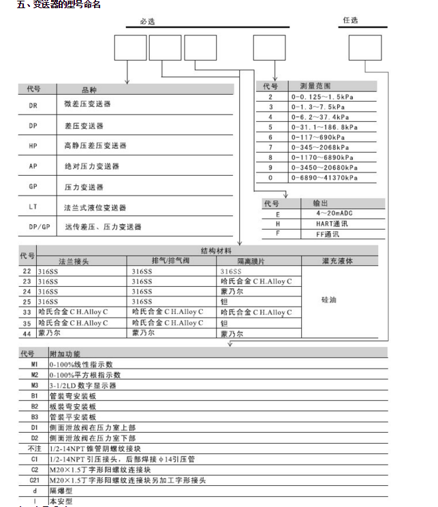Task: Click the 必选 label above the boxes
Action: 146,21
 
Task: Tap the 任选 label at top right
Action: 351,21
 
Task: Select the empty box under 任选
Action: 365,48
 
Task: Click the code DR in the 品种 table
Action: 33,105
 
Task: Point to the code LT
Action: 33,207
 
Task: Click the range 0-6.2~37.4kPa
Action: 319,117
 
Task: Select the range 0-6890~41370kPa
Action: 324,178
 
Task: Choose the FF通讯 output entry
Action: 327,234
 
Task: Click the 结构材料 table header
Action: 216,250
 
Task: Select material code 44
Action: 27,333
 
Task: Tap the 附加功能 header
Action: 65,354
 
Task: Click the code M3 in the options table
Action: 34,385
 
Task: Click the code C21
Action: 34,480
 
